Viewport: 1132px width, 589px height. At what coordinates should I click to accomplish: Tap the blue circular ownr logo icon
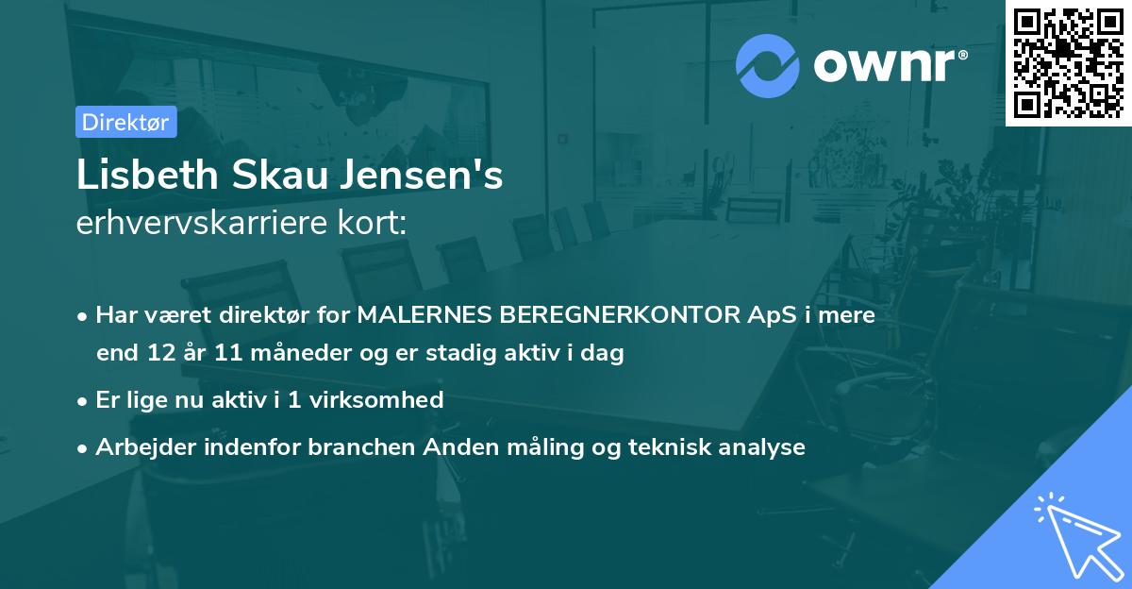click(x=768, y=66)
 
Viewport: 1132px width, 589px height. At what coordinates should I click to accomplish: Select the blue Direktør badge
click(x=125, y=122)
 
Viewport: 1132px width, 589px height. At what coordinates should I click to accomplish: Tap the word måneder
click(x=281, y=354)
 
